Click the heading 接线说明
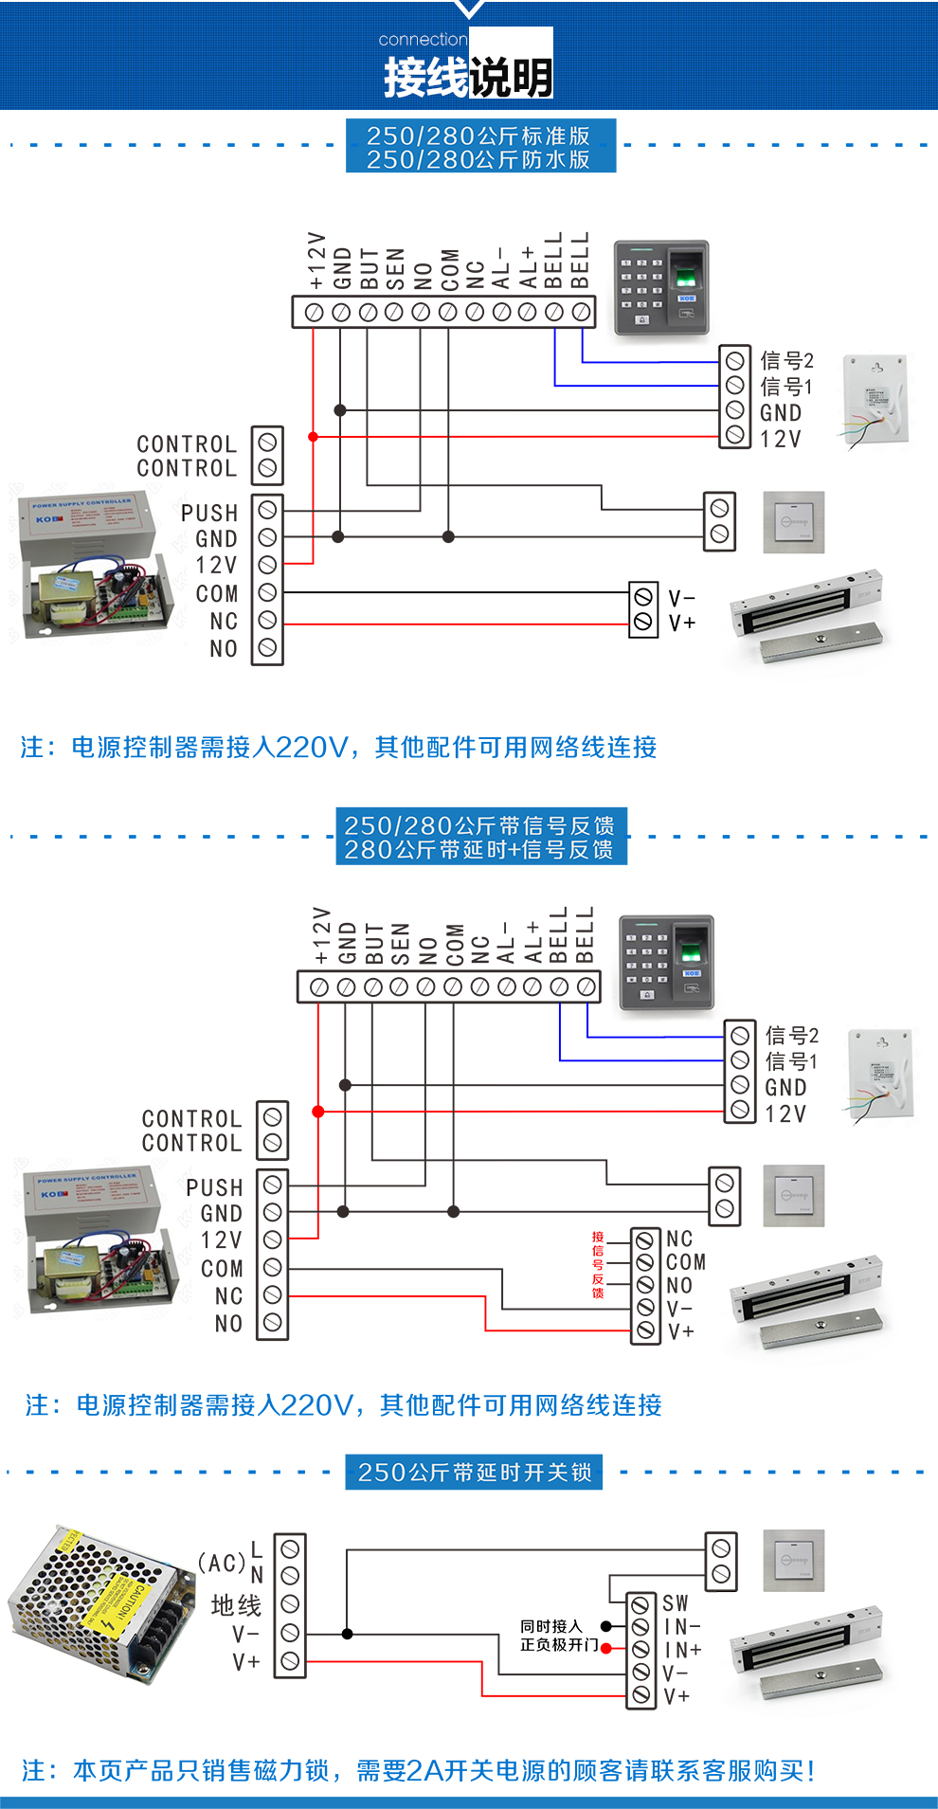point(468,77)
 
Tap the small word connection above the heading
point(423,40)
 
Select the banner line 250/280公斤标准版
point(478,136)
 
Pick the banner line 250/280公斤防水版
point(478,159)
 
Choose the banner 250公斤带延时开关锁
point(474,1473)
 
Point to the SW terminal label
point(676,1603)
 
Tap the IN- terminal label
point(682,1627)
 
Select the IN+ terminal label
point(682,1650)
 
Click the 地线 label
point(236,1605)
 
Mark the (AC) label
point(222,1563)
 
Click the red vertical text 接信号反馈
point(598,1265)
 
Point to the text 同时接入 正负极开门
point(558,1636)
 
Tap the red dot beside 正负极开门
point(606,1649)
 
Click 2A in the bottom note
point(420,1770)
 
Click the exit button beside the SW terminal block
point(794,1561)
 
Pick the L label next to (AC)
point(257,1549)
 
